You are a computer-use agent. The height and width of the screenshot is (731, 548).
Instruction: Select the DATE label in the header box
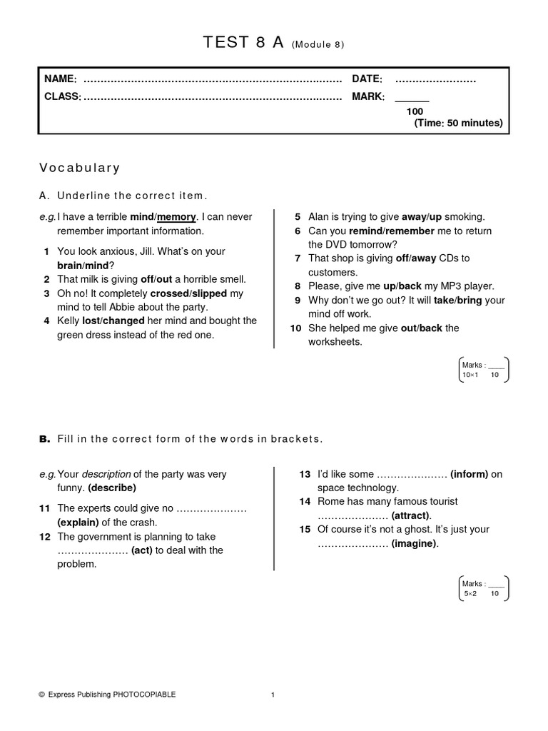coord(367,79)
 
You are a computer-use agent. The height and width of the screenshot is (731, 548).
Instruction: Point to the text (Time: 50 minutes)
coord(458,123)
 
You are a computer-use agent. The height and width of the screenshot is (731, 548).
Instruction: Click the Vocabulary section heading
coord(79,168)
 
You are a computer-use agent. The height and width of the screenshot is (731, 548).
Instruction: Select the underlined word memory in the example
coord(176,217)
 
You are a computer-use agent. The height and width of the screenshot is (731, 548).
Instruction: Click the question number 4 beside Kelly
coord(46,321)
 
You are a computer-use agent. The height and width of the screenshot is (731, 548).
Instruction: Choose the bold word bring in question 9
coord(469,301)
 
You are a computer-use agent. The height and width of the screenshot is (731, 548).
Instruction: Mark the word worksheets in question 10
coord(335,342)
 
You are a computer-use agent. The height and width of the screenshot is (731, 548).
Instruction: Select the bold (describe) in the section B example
coord(112,488)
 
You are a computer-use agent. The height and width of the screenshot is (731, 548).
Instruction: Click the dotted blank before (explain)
coord(210,509)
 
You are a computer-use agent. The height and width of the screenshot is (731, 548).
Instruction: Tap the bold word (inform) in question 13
coord(470,474)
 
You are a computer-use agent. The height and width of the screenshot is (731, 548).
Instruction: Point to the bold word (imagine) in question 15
coord(415,544)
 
